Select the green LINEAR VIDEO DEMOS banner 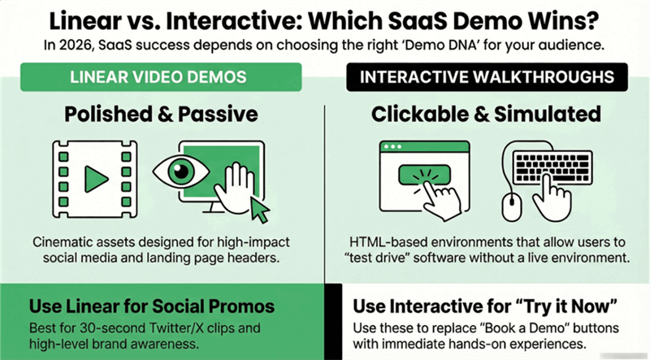[162, 80]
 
